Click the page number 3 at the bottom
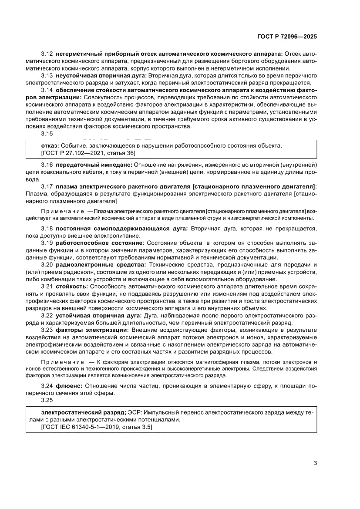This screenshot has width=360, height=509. (315, 463)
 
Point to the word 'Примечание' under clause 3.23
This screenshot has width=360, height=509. (62, 363)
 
